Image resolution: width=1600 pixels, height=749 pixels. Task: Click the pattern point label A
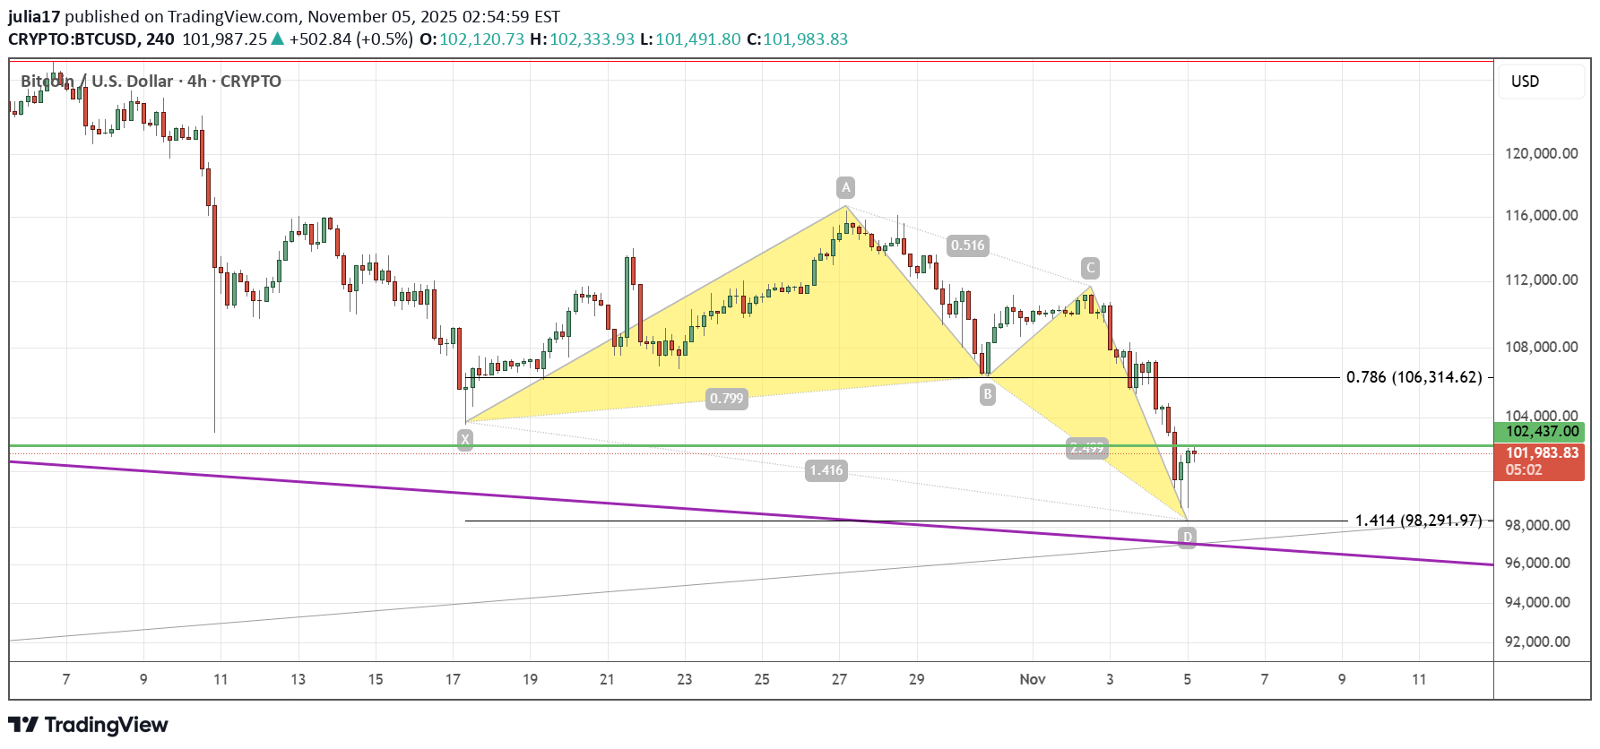pyautogui.click(x=845, y=187)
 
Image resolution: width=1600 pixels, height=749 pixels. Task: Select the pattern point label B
pyautogui.click(x=987, y=394)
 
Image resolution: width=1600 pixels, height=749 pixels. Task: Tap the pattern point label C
pyautogui.click(x=1090, y=268)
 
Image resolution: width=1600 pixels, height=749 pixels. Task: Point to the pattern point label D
pyautogui.click(x=1187, y=538)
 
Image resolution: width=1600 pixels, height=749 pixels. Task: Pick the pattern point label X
pyautogui.click(x=464, y=439)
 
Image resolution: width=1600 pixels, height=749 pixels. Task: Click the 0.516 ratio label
pyautogui.click(x=967, y=245)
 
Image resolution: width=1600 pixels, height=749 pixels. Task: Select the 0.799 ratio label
pyautogui.click(x=726, y=399)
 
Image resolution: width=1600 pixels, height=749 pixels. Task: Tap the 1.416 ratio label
pyautogui.click(x=826, y=470)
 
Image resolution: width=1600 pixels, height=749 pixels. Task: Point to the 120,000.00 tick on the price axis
pyautogui.click(x=1541, y=153)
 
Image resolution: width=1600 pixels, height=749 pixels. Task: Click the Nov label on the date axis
pyautogui.click(x=1033, y=679)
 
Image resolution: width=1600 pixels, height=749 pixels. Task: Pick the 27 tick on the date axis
pyautogui.click(x=839, y=679)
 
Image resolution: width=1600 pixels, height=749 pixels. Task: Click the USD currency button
pyautogui.click(x=1525, y=82)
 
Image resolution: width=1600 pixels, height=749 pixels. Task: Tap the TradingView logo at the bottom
pyautogui.click(x=89, y=725)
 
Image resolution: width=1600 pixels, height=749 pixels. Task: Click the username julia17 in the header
pyautogui.click(x=34, y=16)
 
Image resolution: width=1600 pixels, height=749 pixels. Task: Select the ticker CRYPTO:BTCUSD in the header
pyautogui.click(x=74, y=39)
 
